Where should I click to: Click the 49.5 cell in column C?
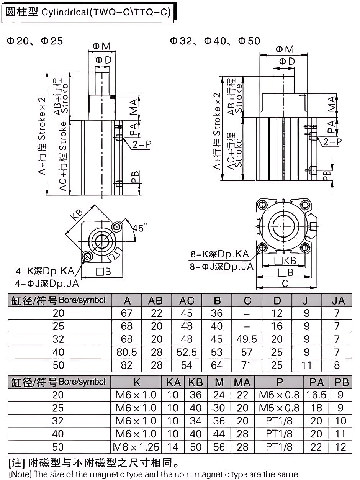click(247, 339)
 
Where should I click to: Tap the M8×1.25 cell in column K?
click(136, 447)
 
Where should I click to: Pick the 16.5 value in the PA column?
click(316, 395)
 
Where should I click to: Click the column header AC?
click(187, 301)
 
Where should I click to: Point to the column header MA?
click(242, 382)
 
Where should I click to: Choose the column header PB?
click(342, 382)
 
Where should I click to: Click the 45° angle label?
click(138, 228)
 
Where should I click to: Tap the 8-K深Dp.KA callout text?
click(220, 254)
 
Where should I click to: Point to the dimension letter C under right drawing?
click(285, 283)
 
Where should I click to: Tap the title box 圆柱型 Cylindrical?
click(90, 13)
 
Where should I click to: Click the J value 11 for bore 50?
click(306, 365)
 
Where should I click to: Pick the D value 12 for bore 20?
click(277, 314)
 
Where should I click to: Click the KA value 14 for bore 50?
click(173, 447)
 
